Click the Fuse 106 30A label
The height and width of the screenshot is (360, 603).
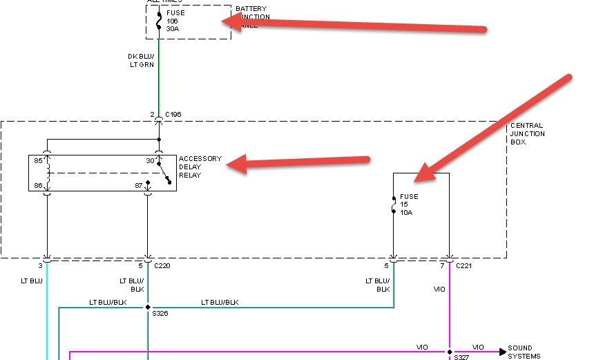175,21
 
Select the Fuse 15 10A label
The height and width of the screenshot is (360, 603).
409,205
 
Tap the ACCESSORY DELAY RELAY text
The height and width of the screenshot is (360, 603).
200,167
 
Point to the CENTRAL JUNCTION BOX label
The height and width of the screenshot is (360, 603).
528,133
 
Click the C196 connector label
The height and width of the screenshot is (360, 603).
172,114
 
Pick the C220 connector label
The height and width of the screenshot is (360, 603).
162,265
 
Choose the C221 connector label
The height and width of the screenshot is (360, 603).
464,265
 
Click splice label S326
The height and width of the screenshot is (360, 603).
160,314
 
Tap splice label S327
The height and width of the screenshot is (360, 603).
461,357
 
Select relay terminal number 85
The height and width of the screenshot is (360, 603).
39,160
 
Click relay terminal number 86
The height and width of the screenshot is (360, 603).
39,184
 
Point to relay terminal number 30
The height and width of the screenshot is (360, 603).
151,160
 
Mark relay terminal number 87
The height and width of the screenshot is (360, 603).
139,184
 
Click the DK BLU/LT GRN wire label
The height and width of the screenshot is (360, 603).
141,61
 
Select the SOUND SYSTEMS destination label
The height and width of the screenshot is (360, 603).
524,352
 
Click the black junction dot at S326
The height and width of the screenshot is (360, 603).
148,307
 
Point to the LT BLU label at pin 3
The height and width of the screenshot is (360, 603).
32,281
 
